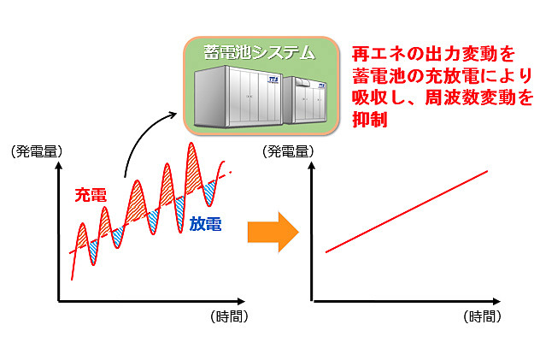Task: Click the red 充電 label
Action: pos(90,195)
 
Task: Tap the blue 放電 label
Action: pos(206,225)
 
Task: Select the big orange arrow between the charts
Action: pos(273,233)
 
